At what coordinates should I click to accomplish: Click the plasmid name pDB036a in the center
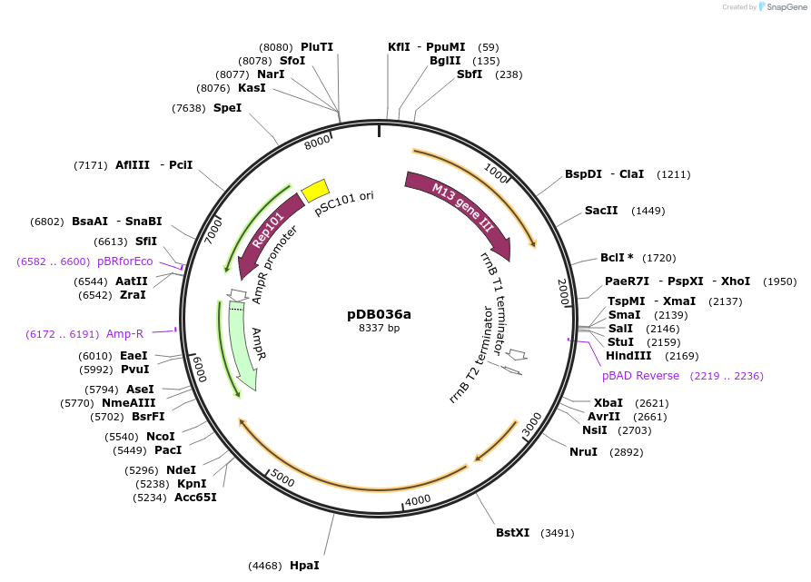click(379, 314)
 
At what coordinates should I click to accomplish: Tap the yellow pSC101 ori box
click(315, 189)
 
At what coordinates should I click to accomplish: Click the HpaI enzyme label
click(304, 565)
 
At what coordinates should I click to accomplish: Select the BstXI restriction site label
click(512, 533)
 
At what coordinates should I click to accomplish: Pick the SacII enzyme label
click(601, 211)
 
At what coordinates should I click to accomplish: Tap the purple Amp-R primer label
click(124, 334)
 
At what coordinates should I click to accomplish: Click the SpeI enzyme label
click(227, 108)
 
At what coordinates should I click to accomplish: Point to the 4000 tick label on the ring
click(418, 500)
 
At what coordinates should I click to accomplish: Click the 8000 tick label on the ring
click(318, 143)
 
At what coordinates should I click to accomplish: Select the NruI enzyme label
click(583, 452)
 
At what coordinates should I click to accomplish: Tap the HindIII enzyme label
click(628, 356)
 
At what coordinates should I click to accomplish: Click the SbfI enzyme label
click(470, 74)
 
